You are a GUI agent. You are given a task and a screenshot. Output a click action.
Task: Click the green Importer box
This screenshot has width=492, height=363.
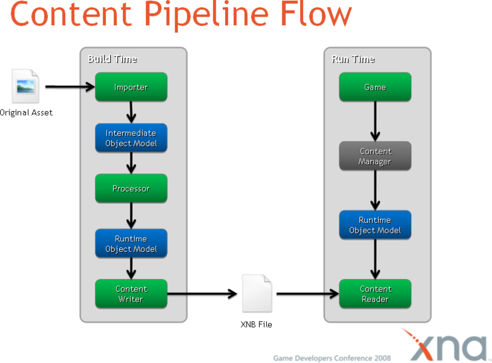131,87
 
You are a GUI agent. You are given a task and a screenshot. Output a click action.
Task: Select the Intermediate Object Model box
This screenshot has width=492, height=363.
131,138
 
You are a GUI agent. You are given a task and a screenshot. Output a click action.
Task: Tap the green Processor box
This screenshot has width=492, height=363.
131,189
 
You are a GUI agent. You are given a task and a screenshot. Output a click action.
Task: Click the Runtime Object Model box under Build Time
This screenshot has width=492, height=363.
131,244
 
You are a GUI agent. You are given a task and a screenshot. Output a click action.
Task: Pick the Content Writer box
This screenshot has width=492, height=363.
131,294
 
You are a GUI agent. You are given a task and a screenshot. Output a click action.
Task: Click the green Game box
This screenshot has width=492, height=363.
375,87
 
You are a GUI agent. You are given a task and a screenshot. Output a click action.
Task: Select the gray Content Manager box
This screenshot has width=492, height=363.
375,157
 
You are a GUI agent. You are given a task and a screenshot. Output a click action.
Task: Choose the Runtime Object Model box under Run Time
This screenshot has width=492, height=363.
375,225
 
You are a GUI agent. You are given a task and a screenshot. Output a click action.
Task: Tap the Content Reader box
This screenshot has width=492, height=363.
375,294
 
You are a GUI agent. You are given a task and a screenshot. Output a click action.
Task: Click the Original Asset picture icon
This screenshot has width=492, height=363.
25,87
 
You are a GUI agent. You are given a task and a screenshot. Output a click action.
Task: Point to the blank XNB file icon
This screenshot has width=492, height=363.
256,293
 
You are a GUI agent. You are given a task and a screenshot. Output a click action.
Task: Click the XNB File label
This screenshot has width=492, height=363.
256,324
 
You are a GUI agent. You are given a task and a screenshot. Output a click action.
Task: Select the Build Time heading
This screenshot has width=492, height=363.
112,59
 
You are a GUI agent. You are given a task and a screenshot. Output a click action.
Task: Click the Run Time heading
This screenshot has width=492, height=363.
353,59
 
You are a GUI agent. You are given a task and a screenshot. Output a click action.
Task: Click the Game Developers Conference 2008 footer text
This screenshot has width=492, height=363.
331,357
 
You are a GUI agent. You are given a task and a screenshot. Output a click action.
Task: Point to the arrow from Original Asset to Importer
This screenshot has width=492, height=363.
69,87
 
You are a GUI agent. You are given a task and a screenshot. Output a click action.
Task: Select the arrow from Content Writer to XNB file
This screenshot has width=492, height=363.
203,294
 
